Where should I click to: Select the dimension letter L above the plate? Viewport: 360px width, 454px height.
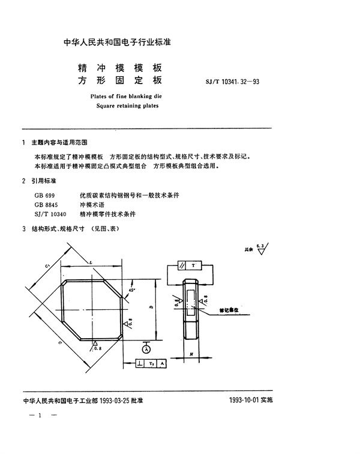pos(89,264)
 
